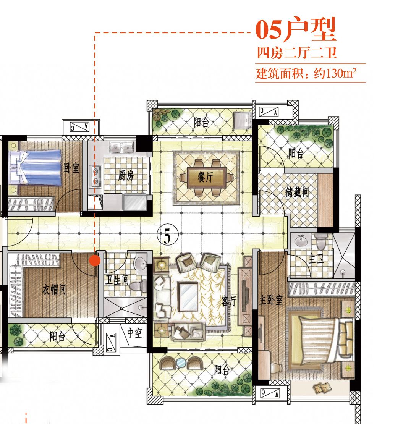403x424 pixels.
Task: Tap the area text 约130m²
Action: click(335, 73)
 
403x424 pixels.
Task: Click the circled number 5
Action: click(168, 236)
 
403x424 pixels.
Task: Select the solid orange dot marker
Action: click(95, 261)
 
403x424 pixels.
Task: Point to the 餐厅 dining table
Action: click(207, 177)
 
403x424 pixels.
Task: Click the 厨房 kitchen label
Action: click(126, 176)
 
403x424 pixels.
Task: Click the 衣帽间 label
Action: click(54, 290)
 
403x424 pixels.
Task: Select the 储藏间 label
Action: click(297, 192)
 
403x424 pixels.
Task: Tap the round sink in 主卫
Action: click(300, 240)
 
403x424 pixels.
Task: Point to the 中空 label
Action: click(134, 333)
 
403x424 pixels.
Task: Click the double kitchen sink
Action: click(121, 148)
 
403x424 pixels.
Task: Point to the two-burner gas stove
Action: click(95, 176)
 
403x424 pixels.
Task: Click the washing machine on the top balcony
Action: click(243, 119)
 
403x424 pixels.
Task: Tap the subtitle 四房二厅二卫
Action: click(297, 53)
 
